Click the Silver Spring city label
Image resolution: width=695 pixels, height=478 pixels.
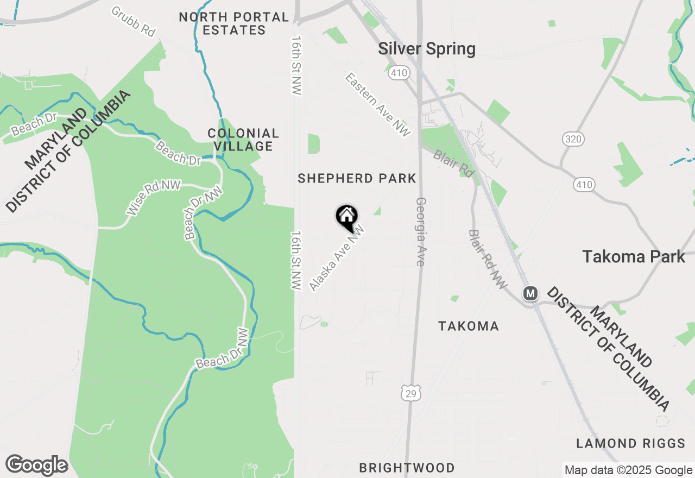pyautogui.click(x=427, y=49)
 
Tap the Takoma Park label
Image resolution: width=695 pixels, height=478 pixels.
pyautogui.click(x=634, y=256)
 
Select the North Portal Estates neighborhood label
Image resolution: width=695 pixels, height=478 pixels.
pyautogui.click(x=234, y=23)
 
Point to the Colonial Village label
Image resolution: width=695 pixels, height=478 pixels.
pyautogui.click(x=243, y=140)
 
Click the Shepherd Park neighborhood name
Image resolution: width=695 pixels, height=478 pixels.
pyautogui.click(x=357, y=178)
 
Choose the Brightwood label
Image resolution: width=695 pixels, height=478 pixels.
pyautogui.click(x=407, y=468)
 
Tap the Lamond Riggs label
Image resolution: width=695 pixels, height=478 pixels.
pyautogui.click(x=630, y=444)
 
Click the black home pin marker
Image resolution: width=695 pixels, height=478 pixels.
pyautogui.click(x=346, y=217)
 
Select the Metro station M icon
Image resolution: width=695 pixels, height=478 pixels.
pyautogui.click(x=530, y=294)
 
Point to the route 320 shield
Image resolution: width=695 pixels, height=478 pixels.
pyautogui.click(x=573, y=140)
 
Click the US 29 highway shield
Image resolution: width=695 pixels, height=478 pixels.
pyautogui.click(x=411, y=394)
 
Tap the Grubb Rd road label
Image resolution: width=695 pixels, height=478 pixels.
pyautogui.click(x=134, y=21)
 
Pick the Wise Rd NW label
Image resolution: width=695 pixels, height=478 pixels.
pyautogui.click(x=146, y=199)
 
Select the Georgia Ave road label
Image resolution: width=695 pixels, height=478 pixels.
pyautogui.click(x=420, y=231)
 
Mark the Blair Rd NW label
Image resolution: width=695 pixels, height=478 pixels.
pyautogui.click(x=487, y=259)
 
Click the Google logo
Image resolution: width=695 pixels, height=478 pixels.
pyautogui.click(x=36, y=465)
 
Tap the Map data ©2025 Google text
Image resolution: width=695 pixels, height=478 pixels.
pyautogui.click(x=628, y=470)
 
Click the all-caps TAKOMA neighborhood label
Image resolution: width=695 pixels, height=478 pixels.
pyautogui.click(x=469, y=326)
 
